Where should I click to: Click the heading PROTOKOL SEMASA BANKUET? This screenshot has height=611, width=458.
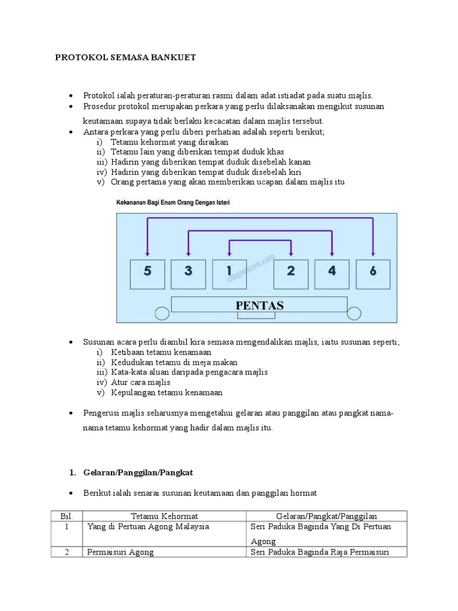125,58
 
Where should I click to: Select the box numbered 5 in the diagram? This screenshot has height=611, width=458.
147,271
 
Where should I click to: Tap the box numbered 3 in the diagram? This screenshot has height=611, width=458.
188,271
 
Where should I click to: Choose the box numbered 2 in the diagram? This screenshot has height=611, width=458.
290,271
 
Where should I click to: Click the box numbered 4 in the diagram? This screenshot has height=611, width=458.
332,271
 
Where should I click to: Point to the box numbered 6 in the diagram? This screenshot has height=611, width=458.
373,271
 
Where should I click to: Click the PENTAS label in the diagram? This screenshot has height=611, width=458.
259,305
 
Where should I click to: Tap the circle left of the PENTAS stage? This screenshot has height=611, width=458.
162,313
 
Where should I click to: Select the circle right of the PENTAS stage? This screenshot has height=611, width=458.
355,313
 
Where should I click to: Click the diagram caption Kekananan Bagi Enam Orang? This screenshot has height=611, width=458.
173,203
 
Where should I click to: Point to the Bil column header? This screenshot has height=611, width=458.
66,516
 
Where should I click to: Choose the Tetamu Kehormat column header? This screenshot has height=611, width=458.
164,516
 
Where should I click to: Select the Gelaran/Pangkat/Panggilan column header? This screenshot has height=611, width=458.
326,516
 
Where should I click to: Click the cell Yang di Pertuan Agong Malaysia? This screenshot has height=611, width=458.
148,527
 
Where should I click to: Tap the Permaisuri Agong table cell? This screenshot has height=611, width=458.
120,552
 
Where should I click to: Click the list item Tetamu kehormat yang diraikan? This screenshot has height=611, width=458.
169,142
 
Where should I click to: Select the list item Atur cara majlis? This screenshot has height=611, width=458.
141,382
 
